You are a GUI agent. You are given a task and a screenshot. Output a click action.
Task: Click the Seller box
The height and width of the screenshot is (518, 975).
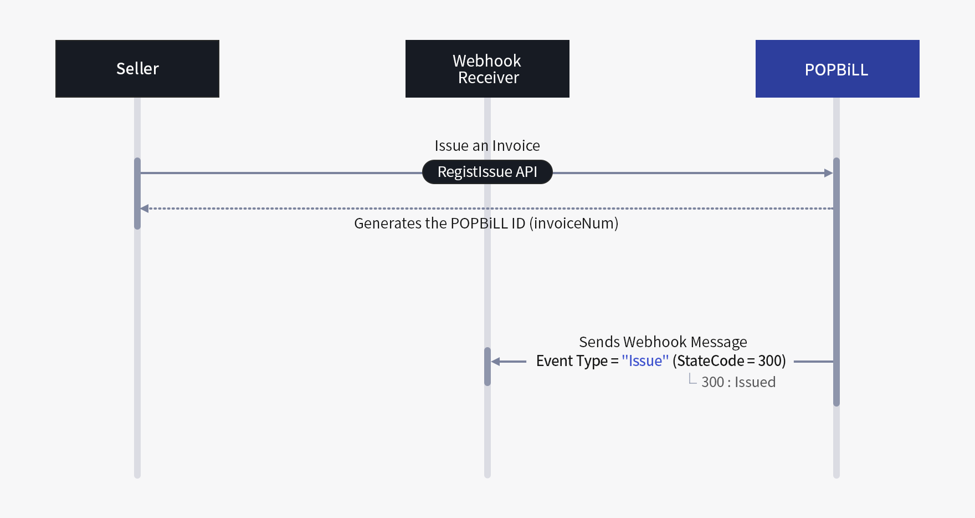(x=137, y=69)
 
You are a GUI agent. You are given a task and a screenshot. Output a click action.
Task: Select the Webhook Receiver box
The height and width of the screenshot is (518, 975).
(x=487, y=69)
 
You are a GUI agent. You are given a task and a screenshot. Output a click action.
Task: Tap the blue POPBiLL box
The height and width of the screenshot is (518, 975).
(x=837, y=69)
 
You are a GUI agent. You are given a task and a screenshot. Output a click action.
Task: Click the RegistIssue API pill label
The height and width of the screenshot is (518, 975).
(x=487, y=172)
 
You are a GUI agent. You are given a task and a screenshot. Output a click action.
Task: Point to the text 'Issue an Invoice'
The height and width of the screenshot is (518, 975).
(x=487, y=146)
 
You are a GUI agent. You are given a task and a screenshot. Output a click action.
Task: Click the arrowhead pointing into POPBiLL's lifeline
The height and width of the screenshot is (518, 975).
(x=828, y=173)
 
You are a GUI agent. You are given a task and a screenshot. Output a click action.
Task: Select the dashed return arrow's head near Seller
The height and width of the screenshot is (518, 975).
(x=145, y=209)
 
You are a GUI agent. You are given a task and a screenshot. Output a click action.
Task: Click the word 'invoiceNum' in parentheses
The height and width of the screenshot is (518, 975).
(x=573, y=224)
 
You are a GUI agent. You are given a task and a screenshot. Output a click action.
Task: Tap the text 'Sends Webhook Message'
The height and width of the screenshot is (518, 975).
(x=663, y=342)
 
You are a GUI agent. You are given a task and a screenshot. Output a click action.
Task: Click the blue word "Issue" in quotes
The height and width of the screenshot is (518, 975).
(x=645, y=361)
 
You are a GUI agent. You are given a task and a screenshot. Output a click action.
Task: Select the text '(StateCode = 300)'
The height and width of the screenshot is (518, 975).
(x=729, y=361)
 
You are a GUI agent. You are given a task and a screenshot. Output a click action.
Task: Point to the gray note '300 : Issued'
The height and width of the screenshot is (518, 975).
(x=738, y=382)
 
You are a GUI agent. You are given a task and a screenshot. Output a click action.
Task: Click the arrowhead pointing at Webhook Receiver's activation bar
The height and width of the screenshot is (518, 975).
(x=496, y=362)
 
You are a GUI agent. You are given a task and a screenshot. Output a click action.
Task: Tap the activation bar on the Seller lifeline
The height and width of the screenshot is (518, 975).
(x=137, y=193)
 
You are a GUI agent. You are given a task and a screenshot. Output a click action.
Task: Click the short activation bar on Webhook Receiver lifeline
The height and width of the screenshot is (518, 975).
(x=487, y=367)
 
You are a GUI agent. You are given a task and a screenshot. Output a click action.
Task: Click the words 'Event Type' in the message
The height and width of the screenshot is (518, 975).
(x=572, y=361)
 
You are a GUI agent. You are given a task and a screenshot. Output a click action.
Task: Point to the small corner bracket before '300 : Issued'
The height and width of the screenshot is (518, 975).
(x=692, y=379)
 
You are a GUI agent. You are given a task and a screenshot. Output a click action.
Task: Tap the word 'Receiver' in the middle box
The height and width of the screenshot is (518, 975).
(x=488, y=78)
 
